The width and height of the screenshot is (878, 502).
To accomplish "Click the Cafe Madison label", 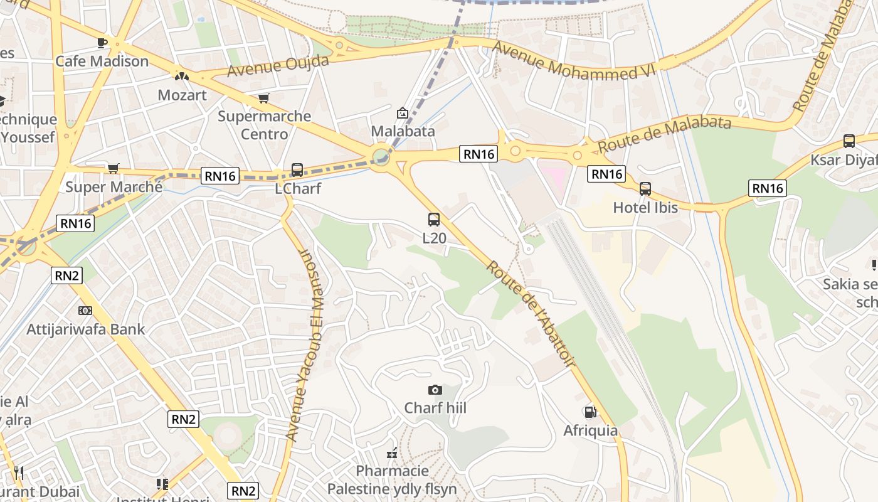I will (x=102, y=61).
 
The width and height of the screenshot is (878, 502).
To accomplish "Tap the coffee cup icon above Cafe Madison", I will (x=102, y=43).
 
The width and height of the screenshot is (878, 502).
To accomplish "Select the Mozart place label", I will (x=182, y=95).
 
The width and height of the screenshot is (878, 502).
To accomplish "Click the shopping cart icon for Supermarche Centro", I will (x=264, y=98).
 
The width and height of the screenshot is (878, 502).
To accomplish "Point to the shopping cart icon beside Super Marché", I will (x=113, y=168).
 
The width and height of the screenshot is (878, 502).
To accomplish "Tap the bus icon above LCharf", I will (x=297, y=170).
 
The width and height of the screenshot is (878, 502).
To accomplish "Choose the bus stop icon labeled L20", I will (x=434, y=220).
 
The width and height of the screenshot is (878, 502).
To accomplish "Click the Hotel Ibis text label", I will (x=645, y=207).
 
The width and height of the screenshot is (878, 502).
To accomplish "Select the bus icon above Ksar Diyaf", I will (x=849, y=141).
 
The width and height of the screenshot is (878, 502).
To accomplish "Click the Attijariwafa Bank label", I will (x=85, y=329).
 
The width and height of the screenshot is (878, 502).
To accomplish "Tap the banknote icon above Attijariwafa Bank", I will (x=85, y=311).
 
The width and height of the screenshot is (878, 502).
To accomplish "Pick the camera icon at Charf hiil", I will (x=435, y=390).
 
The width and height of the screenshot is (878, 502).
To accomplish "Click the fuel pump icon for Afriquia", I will (x=590, y=412).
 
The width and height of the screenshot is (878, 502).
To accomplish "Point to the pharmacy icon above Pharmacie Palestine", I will (x=393, y=453).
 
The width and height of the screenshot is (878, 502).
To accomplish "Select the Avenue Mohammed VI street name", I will (x=573, y=61).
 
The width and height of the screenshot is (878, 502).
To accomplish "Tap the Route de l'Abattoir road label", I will (x=530, y=313).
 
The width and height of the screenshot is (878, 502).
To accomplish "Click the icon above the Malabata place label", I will (x=403, y=113).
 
